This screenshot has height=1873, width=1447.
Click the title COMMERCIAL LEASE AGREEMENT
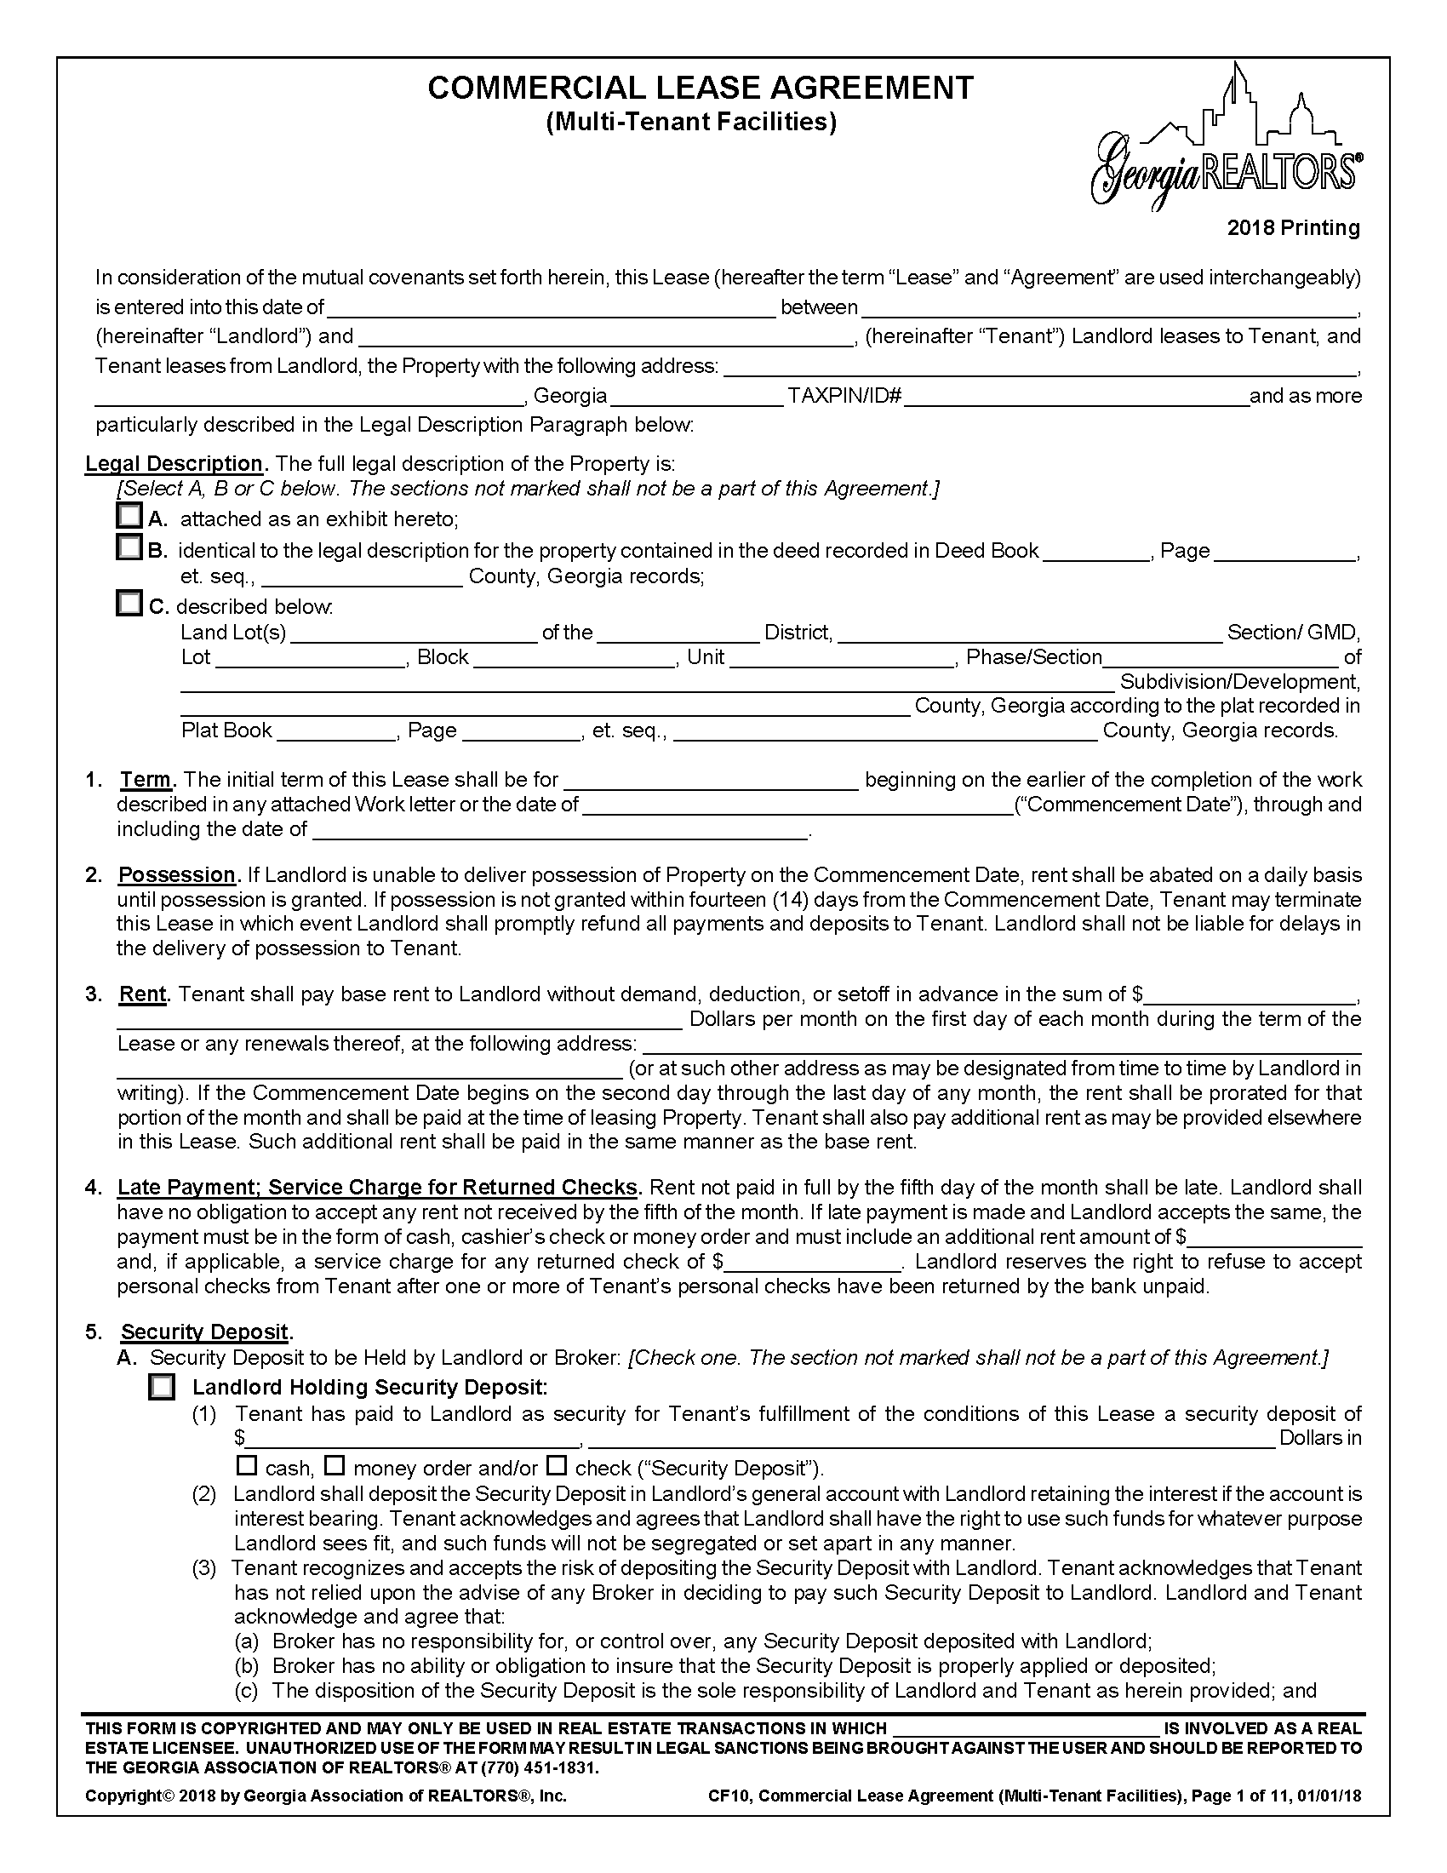point(700,89)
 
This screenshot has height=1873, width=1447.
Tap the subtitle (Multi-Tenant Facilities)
point(691,123)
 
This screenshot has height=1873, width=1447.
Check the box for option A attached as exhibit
point(129,516)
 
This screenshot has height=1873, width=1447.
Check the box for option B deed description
point(129,547)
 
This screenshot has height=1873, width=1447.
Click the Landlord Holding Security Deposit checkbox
point(161,1387)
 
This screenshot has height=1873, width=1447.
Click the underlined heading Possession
point(176,874)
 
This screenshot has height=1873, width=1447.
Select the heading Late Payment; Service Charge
point(378,1187)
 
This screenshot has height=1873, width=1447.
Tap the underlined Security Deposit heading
point(205,1332)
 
